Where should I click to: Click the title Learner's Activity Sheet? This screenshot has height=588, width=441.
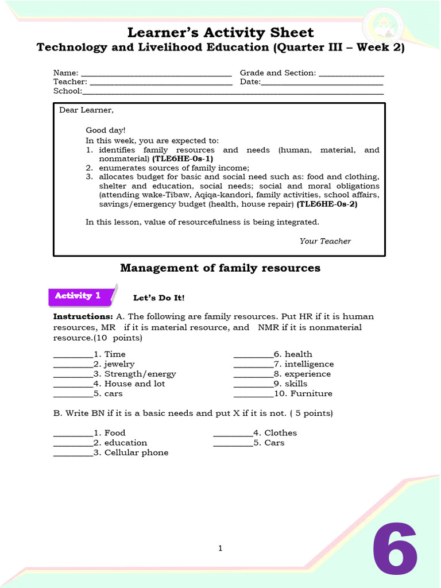[x=220, y=32]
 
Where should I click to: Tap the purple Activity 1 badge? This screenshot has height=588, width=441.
[x=78, y=296]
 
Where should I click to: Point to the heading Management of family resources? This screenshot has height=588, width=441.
[x=220, y=268]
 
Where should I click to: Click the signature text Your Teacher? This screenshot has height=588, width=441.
[x=325, y=241]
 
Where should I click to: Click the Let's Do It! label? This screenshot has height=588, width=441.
[x=159, y=298]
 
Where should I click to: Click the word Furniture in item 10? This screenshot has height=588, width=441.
[x=311, y=394]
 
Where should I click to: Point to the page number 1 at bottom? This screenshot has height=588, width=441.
[x=220, y=549]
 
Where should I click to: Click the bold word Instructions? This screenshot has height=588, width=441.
[x=83, y=316]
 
